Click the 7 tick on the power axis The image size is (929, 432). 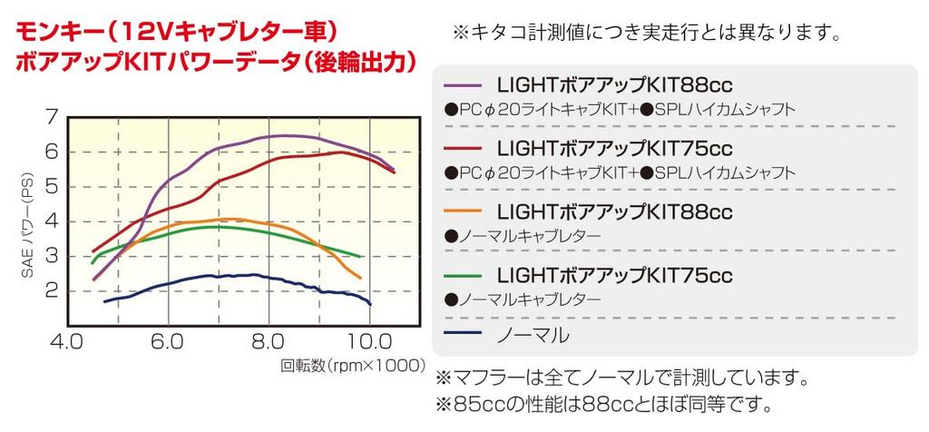coord(50,117)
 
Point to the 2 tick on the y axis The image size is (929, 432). coord(50,290)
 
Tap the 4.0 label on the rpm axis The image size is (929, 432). coord(67,343)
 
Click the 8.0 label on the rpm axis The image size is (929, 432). coord(269,343)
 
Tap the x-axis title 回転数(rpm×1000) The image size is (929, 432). coord(352,367)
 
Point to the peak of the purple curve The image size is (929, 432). coord(283,135)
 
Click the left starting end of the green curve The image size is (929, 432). coord(93,262)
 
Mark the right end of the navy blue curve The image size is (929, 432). coord(370,303)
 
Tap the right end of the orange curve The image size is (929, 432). coord(360,278)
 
